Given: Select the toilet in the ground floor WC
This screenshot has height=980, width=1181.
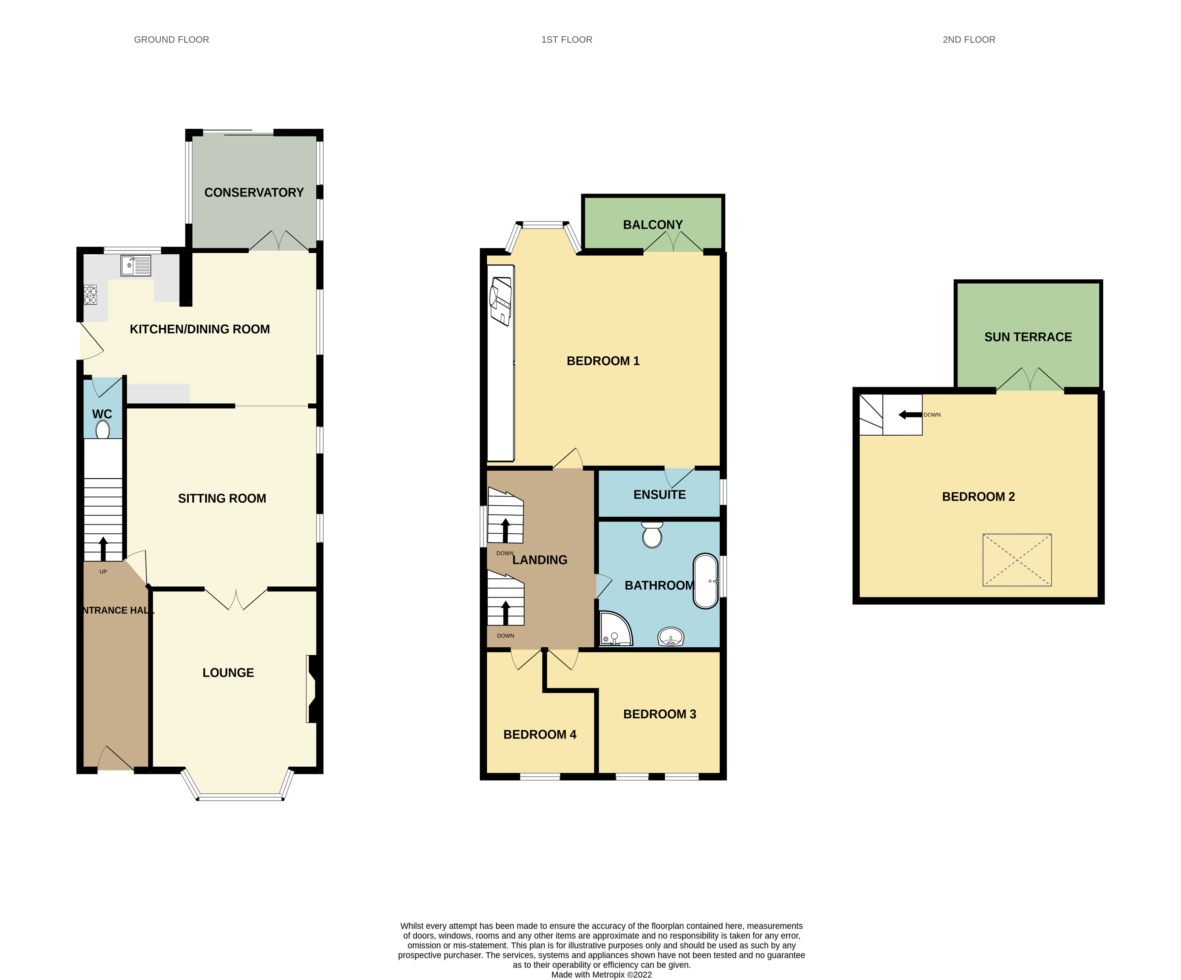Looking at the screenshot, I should (102, 430).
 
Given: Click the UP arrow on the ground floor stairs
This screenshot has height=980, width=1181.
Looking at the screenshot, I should (103, 548).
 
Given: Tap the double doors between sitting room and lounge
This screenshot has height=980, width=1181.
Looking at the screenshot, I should (236, 599).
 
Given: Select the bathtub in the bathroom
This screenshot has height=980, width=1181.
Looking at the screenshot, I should (705, 582).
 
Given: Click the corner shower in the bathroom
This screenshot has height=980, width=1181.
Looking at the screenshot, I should (615, 629).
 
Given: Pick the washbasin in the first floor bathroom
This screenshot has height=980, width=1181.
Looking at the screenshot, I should (670, 637).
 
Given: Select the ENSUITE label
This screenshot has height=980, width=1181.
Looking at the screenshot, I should (659, 495).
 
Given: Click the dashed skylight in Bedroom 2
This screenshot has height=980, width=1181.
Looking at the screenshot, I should (1017, 560).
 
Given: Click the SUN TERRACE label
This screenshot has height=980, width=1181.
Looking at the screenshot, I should (1027, 337).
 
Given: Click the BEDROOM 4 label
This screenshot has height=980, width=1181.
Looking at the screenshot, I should (539, 734).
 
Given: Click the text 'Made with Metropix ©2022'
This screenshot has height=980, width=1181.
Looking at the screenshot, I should (601, 974).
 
